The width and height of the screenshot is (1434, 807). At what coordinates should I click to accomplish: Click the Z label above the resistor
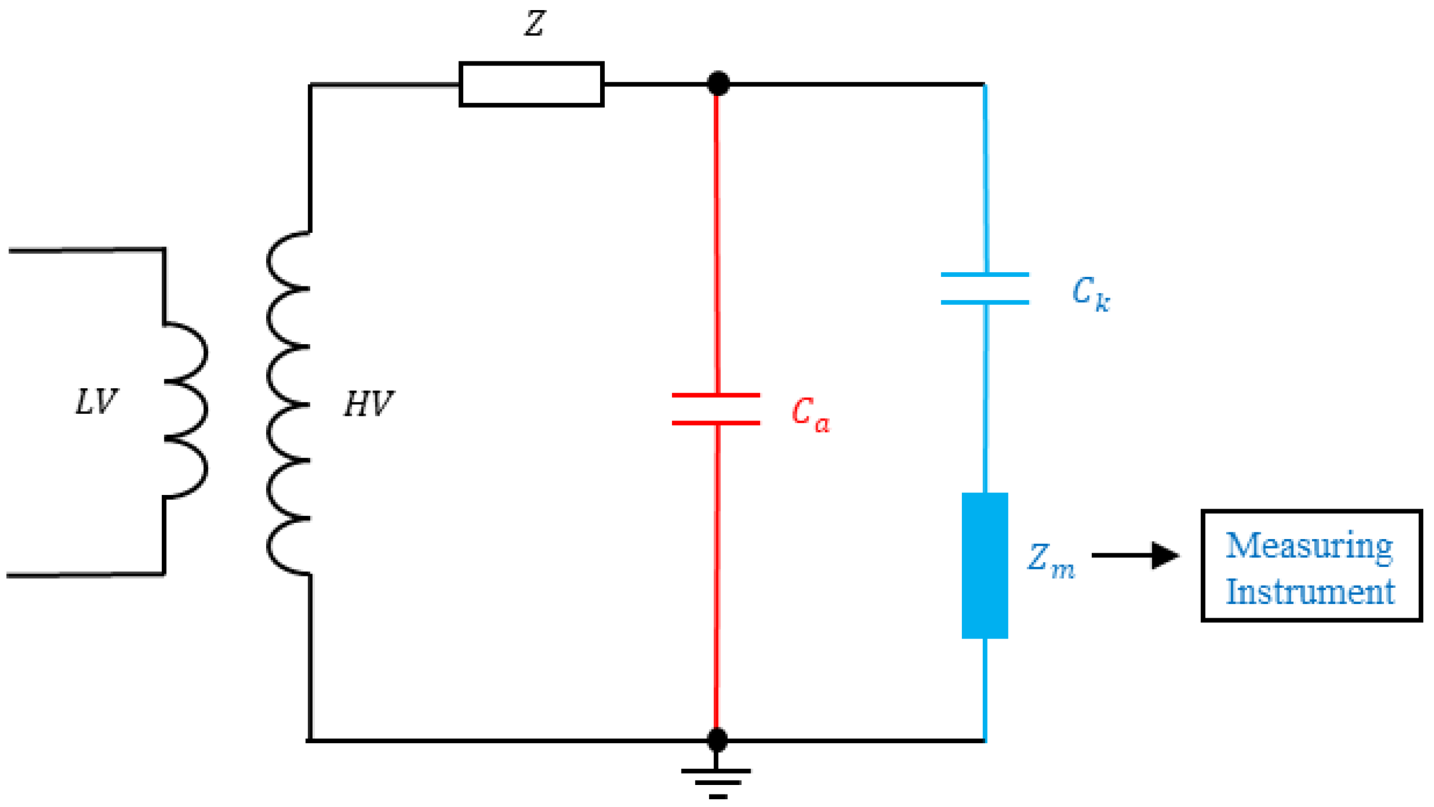coord(534,24)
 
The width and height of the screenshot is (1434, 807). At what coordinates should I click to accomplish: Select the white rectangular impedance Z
coord(531,84)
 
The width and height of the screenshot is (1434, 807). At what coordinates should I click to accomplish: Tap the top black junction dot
coord(718,83)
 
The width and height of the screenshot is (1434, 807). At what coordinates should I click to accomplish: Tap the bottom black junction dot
coord(717,739)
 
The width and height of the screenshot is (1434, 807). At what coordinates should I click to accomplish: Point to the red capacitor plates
coord(716,409)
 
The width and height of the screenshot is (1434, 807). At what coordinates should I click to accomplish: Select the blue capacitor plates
coord(984,288)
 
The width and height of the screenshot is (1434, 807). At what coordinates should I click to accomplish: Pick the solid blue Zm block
coord(984,565)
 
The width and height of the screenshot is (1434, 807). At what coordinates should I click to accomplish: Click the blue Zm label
coord(1051,560)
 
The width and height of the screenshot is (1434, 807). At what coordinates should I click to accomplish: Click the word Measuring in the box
coord(1308,546)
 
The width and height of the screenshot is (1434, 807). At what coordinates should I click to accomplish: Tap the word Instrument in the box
coord(1310,592)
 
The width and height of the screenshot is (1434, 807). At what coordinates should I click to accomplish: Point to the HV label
coord(368,403)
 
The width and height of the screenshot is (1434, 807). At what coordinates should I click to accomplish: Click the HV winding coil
coord(289,404)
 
